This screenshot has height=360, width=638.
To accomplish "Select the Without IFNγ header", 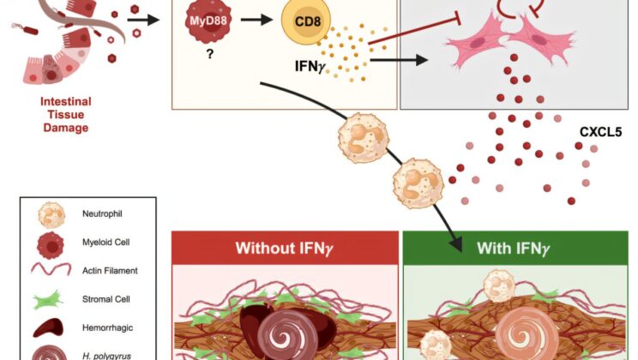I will coord(285,249).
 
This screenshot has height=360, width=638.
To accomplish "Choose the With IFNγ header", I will coord(513,249).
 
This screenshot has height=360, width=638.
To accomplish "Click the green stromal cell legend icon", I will coord(50,299).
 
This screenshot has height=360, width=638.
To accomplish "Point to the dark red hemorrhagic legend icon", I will coord(50,328).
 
